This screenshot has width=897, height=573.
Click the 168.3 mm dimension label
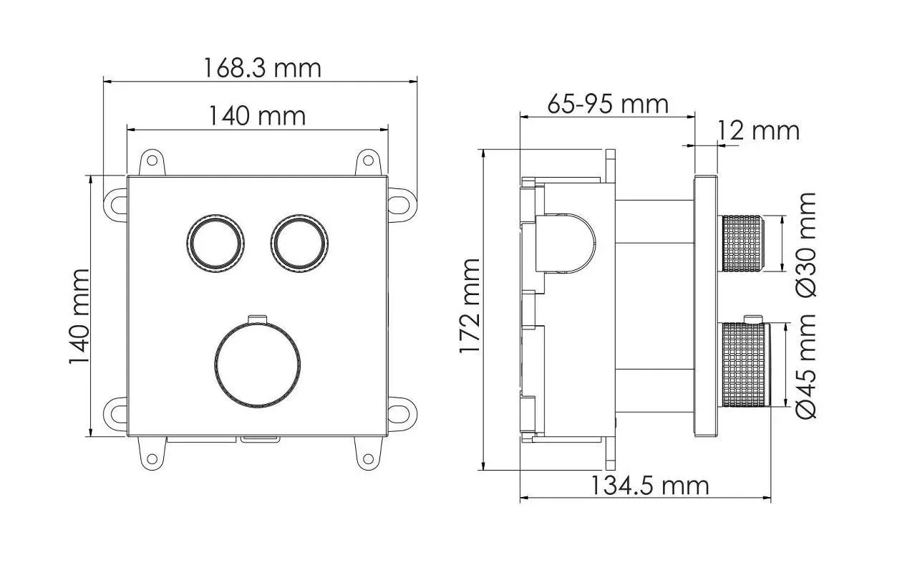(x=262, y=68)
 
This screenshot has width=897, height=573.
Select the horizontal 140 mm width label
(x=257, y=116)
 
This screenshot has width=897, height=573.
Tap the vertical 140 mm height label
(x=79, y=317)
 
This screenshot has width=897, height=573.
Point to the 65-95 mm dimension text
(x=608, y=104)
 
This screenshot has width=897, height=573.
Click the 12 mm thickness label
(x=758, y=130)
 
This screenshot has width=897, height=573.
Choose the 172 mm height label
(x=470, y=306)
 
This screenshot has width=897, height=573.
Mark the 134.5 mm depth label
(x=649, y=486)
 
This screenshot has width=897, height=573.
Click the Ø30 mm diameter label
(x=805, y=245)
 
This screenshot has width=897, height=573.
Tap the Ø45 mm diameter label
(x=805, y=366)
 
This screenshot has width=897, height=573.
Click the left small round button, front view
(x=215, y=244)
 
